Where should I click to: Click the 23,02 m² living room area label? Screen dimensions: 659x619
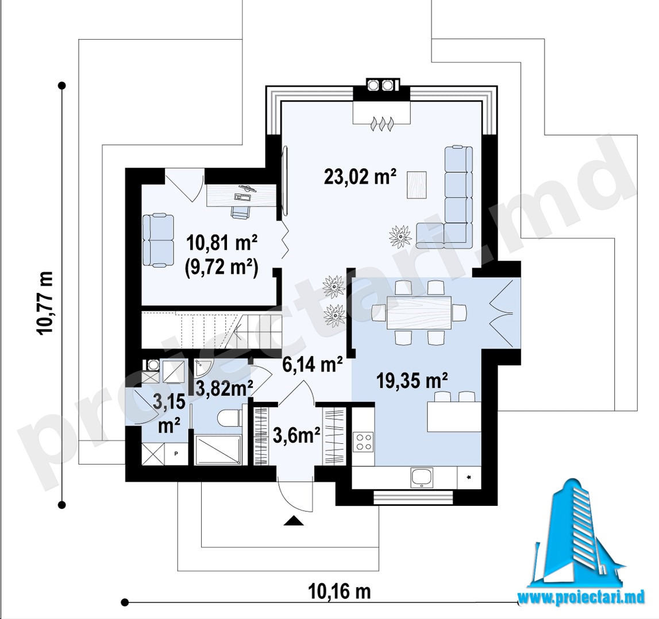[x=360, y=176]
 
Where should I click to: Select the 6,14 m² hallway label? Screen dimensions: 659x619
[x=313, y=365]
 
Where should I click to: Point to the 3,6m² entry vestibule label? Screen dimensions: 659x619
[x=296, y=435]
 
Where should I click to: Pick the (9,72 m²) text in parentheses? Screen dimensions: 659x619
[x=221, y=268]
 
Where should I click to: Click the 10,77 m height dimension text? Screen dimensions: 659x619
[x=45, y=303]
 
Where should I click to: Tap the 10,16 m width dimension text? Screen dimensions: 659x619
[x=340, y=591]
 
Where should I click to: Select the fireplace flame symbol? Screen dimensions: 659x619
[x=381, y=124]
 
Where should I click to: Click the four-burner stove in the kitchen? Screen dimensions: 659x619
[x=364, y=442]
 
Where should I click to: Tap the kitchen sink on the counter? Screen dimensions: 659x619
[x=422, y=478]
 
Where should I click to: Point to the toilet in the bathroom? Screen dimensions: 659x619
[x=229, y=418]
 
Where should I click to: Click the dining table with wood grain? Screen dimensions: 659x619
[x=419, y=312]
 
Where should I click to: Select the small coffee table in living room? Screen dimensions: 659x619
[x=417, y=185]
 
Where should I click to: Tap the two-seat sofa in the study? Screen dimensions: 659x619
[x=158, y=240]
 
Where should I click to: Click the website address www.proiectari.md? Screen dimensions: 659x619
[x=581, y=597]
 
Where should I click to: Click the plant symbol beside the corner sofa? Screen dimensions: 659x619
[x=400, y=237]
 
